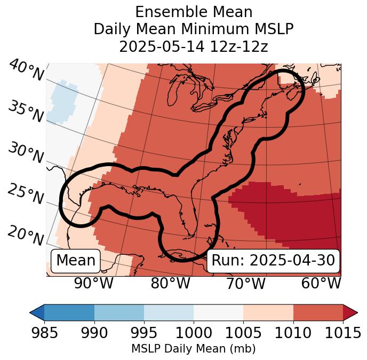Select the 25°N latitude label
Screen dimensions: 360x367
(x=25, y=194)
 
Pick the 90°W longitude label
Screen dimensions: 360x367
(x=94, y=283)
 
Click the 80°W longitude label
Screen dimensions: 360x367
(x=170, y=283)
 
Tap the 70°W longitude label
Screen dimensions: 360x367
(x=245, y=283)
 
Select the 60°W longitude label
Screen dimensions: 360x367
(x=321, y=283)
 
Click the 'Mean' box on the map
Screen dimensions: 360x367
(x=76, y=261)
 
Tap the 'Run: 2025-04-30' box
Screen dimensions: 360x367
(x=273, y=261)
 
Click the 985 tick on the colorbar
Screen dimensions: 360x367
(x=44, y=333)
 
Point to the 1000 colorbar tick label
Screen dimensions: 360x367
(x=194, y=333)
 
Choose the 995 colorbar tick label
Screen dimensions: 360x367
(x=144, y=333)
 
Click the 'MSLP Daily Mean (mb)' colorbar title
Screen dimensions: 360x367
(x=194, y=349)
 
